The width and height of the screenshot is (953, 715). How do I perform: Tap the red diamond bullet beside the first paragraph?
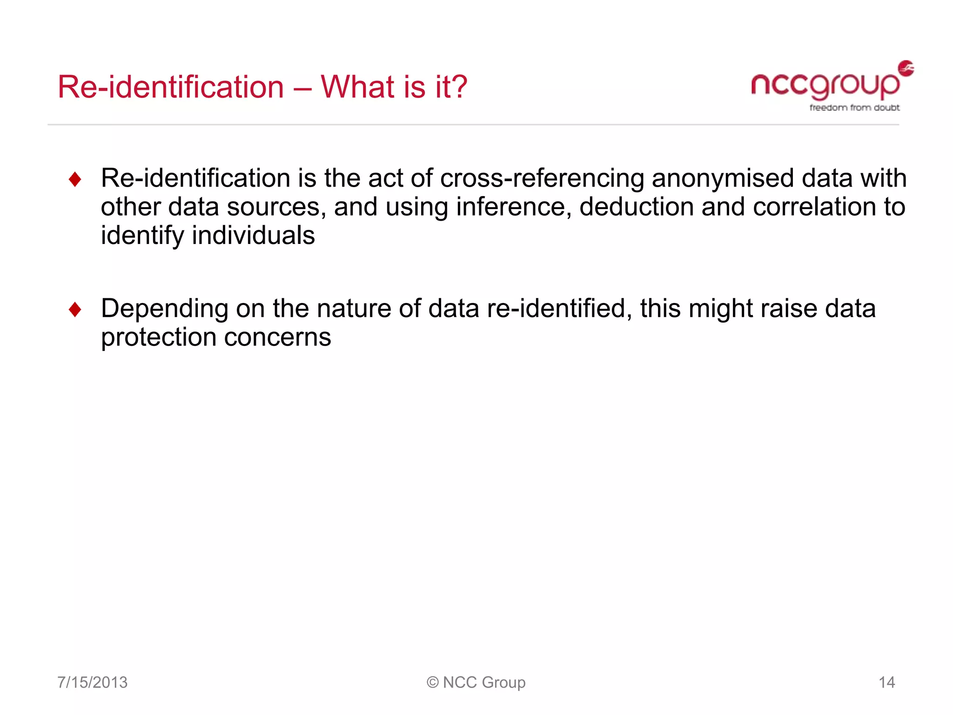click(x=75, y=180)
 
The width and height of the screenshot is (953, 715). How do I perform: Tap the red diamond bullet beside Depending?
click(x=75, y=310)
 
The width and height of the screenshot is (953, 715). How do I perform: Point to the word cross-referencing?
click(x=542, y=179)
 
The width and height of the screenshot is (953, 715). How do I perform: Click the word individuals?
click(x=253, y=236)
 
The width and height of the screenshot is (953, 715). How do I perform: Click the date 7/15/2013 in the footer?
click(x=92, y=682)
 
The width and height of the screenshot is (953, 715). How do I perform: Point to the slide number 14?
click(x=886, y=682)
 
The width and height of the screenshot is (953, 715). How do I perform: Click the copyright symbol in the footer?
click(x=432, y=682)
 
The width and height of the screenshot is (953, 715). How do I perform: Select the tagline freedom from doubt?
click(x=854, y=108)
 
